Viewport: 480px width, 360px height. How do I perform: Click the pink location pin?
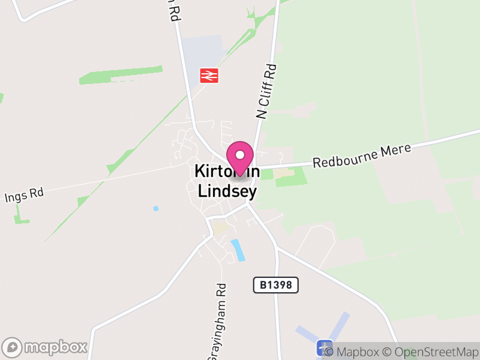[x=241, y=157]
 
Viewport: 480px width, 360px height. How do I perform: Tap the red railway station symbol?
[x=209, y=75]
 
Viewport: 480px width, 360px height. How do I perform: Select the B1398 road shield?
[x=276, y=284]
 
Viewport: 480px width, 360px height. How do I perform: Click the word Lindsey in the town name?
[x=228, y=191]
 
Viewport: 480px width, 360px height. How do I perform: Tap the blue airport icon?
[x=325, y=347]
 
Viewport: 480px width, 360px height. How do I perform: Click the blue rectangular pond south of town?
[x=238, y=250]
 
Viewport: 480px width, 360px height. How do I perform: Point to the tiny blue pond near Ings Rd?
[x=156, y=208]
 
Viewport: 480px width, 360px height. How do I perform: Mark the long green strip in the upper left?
[x=120, y=75]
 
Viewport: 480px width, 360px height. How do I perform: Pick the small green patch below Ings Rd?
[x=22, y=215]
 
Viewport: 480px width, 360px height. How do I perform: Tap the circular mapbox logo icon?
[x=13, y=347]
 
